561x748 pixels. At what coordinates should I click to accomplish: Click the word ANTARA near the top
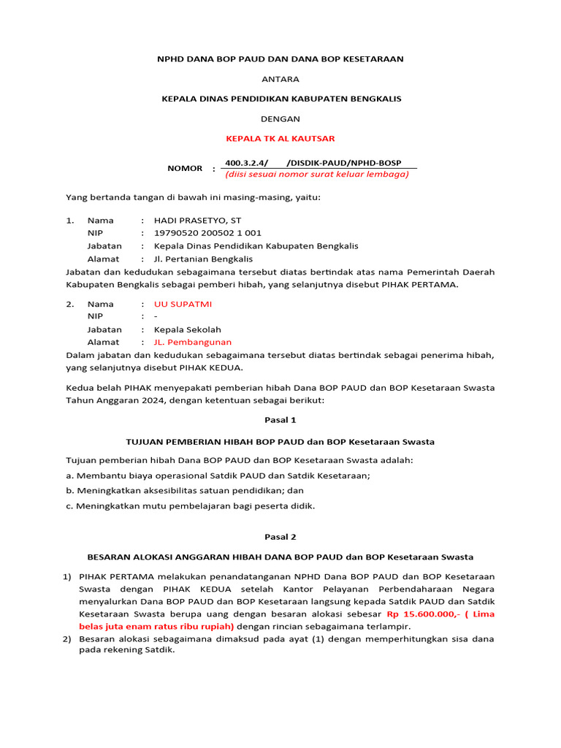280,78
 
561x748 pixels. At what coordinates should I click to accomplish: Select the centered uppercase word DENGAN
280,118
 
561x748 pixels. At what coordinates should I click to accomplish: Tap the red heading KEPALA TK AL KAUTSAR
280,138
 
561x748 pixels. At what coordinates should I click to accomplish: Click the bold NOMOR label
185,169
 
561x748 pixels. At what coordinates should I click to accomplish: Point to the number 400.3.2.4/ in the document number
246,163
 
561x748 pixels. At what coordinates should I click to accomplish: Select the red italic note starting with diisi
316,175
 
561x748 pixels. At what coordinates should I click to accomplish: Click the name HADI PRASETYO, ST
197,220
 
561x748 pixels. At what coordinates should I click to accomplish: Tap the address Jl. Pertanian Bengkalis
203,259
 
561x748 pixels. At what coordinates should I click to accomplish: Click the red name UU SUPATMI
183,304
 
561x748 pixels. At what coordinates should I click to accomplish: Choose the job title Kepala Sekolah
187,329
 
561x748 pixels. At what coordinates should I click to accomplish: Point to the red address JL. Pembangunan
192,342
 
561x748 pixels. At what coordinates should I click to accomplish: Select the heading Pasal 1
280,421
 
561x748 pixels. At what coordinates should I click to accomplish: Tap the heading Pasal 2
280,537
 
